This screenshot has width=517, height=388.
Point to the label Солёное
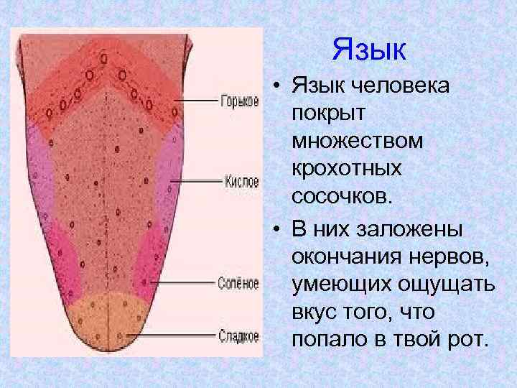238,283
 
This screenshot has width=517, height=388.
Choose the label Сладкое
238,334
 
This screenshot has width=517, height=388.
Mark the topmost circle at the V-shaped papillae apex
105,56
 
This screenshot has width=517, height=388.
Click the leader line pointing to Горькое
194,101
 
